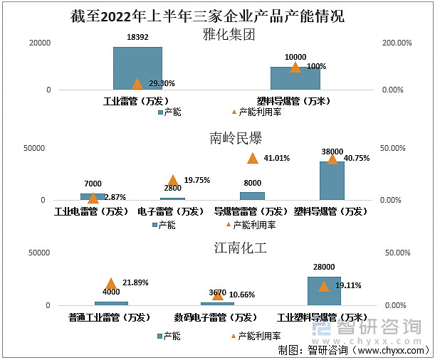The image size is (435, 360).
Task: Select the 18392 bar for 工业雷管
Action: click(137, 68)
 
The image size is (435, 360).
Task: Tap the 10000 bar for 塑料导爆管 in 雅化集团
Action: click(295, 78)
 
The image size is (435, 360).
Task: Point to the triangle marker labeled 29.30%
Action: click(137, 83)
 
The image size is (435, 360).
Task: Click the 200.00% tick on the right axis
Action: click(398, 43)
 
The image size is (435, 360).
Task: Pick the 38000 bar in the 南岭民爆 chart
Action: click(332, 181)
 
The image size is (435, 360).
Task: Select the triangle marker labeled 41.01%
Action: click(252, 159)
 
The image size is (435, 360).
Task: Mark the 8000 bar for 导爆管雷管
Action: click(252, 196)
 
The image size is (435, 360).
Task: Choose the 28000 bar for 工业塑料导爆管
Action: click(324, 291)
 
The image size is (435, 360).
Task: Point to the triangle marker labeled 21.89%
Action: click(111, 284)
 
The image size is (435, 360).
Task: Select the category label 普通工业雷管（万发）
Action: click(110, 317)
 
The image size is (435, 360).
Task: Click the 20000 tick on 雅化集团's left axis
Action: click(39, 43)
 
